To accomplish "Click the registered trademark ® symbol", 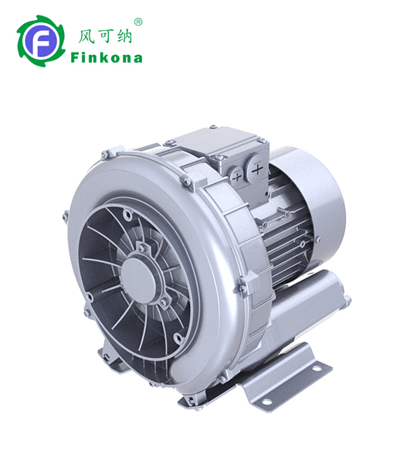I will [x=138, y=22].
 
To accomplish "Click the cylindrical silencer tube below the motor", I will [x=309, y=309].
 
